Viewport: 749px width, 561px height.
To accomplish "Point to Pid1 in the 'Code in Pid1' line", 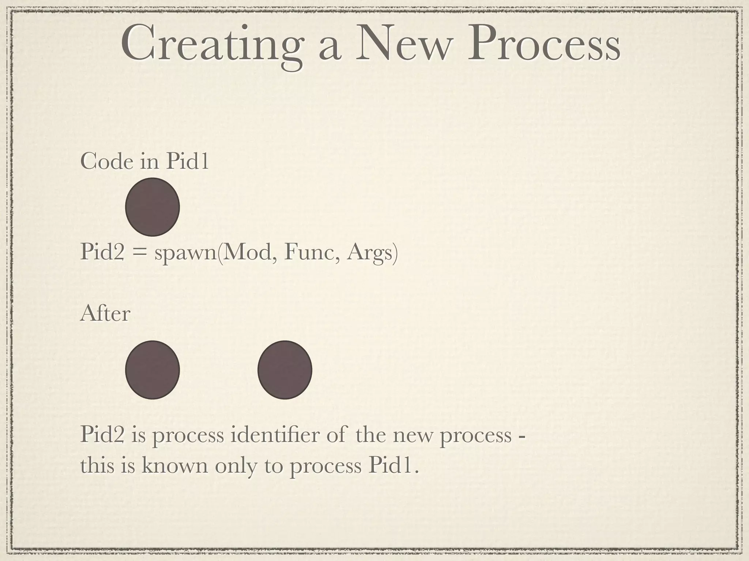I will [187, 161].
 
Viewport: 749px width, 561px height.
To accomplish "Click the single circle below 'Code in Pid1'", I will [153, 207].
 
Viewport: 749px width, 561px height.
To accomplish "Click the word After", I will [105, 314].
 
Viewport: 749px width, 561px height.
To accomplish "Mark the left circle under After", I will [153, 370].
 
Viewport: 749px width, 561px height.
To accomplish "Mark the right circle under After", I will [285, 370].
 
